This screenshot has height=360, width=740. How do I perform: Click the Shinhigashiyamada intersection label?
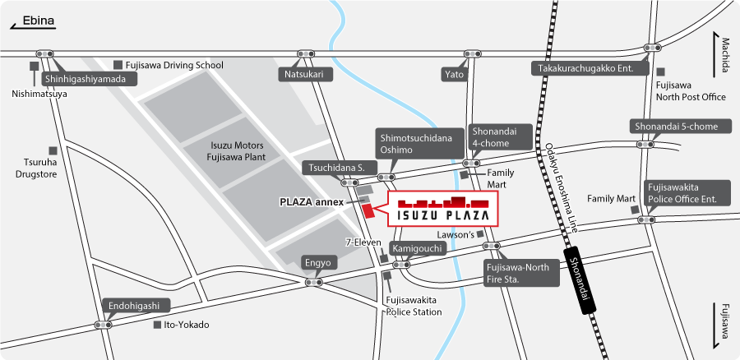click(84, 79)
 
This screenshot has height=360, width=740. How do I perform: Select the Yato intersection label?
click(454, 74)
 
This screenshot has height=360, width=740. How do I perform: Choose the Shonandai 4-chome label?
click(491, 137)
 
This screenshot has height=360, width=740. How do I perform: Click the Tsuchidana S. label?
click(335, 168)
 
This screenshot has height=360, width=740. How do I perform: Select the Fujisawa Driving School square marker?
click(118, 64)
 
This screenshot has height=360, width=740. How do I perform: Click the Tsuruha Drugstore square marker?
click(53, 150)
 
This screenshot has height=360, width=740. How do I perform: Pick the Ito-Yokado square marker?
click(157, 325)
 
